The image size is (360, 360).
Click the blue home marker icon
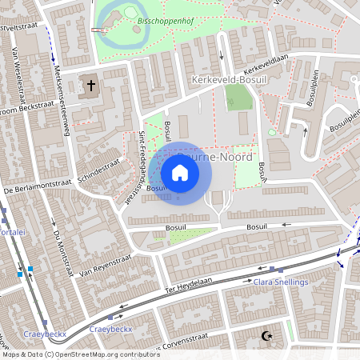tap(180, 173)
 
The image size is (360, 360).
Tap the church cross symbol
tap(91, 85)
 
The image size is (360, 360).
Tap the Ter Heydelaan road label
tap(191, 285)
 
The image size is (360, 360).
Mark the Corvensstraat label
tap(189, 346)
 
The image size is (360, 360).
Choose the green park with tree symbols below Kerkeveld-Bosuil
tap(238, 98)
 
